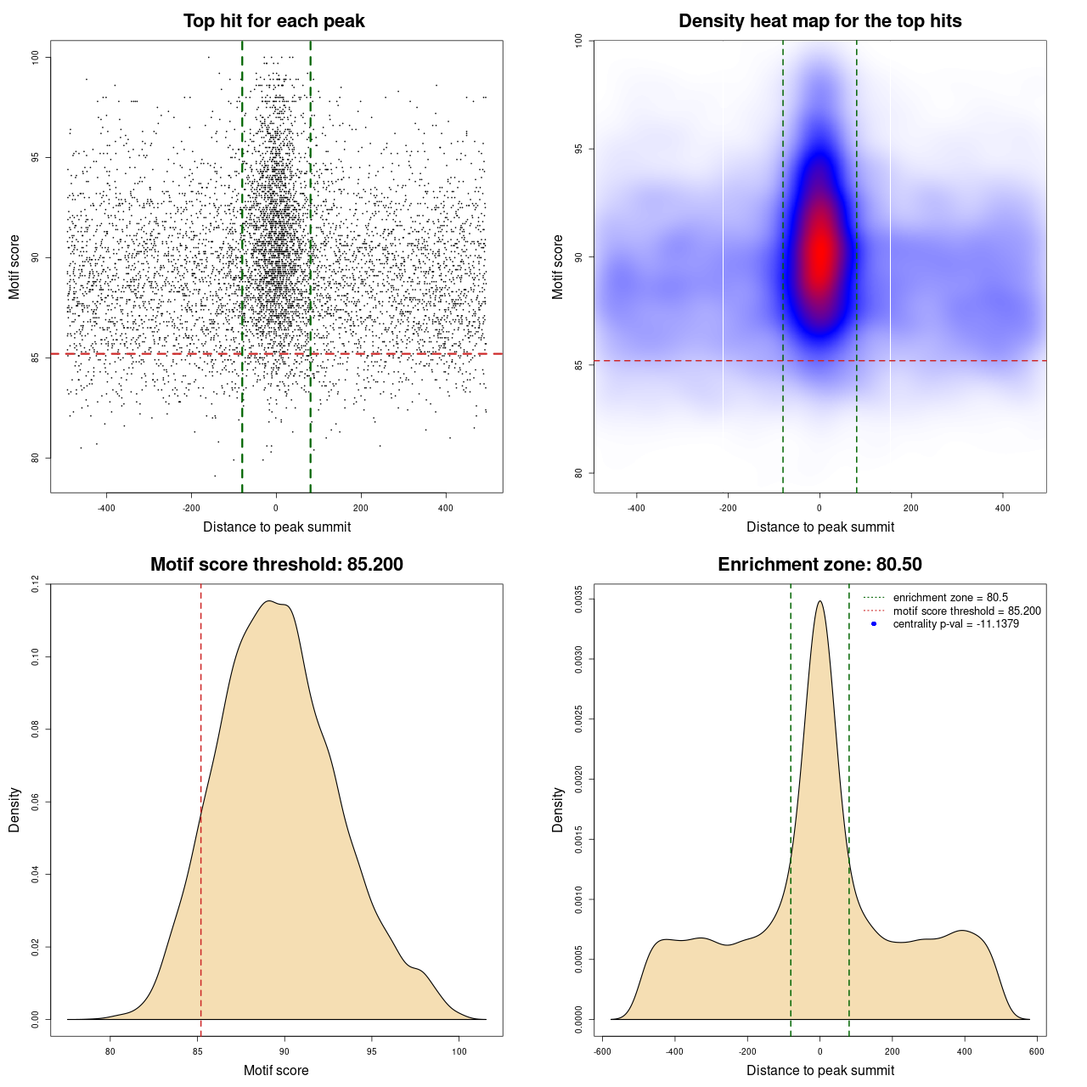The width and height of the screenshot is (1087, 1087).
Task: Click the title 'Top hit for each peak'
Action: tap(273, 21)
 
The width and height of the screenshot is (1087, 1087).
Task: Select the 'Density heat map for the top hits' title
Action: tap(819, 21)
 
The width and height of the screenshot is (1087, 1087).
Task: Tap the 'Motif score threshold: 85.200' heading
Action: tap(276, 565)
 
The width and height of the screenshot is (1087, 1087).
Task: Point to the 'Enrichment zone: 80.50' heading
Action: tap(819, 565)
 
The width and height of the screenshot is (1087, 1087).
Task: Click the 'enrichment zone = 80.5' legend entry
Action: tap(950, 598)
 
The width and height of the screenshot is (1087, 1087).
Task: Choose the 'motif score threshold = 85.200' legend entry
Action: tap(966, 611)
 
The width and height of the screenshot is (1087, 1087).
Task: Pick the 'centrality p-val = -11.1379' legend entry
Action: tap(955, 624)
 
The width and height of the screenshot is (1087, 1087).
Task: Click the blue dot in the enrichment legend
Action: tap(874, 624)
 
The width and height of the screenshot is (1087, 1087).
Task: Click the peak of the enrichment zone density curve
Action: tap(819, 601)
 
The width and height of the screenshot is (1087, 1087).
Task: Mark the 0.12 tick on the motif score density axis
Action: tap(35, 584)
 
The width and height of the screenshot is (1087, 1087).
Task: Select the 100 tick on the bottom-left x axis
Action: tap(459, 1051)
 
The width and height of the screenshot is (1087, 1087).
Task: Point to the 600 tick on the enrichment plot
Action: tap(1037, 1051)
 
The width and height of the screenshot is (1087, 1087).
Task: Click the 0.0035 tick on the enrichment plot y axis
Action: tap(578, 599)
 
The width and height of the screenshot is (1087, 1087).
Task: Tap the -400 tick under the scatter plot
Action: tap(106, 508)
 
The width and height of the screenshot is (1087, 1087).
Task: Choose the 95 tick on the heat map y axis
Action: tap(578, 149)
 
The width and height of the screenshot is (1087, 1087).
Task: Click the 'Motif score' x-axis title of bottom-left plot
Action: tap(276, 1070)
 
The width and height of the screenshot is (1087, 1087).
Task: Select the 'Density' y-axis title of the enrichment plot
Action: tap(558, 809)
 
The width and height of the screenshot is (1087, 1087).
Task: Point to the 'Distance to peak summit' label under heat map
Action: tap(819, 527)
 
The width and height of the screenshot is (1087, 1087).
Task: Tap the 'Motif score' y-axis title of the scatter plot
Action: tap(14, 267)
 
